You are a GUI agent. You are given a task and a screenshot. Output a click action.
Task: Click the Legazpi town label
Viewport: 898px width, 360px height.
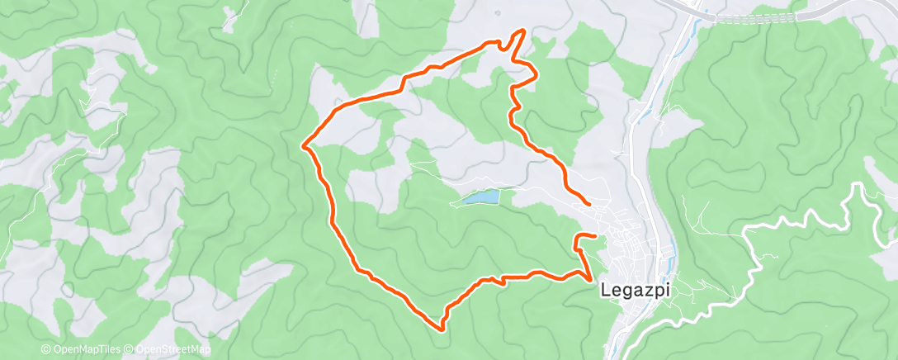(635, 291)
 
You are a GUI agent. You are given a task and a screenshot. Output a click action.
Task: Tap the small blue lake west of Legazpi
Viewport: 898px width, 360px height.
(480, 197)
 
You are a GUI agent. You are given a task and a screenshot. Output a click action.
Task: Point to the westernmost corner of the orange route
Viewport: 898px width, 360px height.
(304, 146)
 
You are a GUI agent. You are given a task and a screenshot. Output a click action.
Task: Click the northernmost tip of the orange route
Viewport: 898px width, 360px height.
(522, 31)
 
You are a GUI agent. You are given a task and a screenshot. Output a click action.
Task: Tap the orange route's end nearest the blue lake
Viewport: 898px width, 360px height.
(588, 203)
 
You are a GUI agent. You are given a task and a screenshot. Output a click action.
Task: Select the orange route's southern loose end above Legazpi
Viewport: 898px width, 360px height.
(594, 237)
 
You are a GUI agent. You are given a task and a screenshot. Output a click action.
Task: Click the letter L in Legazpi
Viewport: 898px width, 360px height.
(607, 291)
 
